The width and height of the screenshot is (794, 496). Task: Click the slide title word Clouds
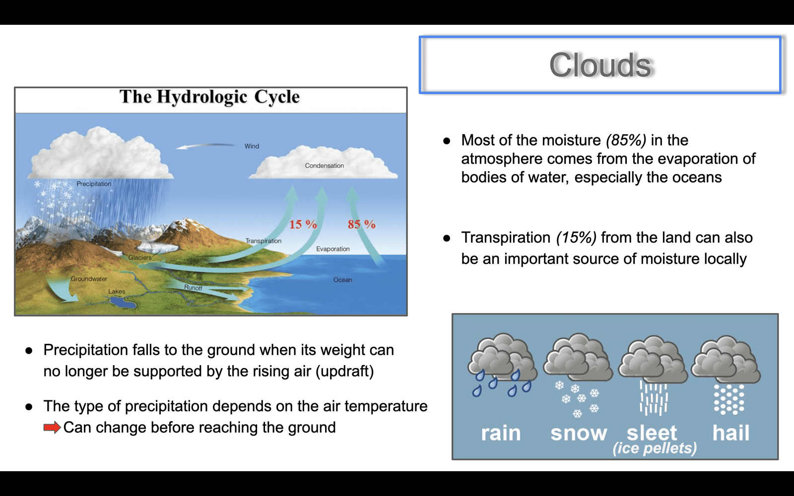[x=600, y=65]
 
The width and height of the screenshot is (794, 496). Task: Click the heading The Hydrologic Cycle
[x=209, y=97]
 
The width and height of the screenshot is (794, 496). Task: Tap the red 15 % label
[x=303, y=224]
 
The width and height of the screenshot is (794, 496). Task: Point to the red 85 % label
[x=362, y=224]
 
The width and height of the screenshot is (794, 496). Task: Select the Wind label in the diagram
[x=252, y=146]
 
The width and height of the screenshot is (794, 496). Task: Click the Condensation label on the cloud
[x=325, y=166]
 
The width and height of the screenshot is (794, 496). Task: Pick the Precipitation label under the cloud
[x=94, y=184]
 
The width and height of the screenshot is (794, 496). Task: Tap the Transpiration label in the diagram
[x=264, y=241]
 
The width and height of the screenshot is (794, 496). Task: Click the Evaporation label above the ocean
[x=333, y=249]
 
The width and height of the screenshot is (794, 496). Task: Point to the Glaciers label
[x=140, y=257]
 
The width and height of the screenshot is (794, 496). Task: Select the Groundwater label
[x=89, y=279]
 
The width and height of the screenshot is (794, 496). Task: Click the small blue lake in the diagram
[x=123, y=303]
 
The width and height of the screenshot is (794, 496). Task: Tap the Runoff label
[x=193, y=288]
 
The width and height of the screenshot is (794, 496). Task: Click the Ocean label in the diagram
[x=343, y=280]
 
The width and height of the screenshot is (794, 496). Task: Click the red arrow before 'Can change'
[x=52, y=428]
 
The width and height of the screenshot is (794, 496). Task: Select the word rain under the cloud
[x=501, y=434]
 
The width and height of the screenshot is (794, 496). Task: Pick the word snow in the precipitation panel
[x=579, y=434]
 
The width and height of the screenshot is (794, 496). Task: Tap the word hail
[x=731, y=433]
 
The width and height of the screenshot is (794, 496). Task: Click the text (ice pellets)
[x=655, y=448]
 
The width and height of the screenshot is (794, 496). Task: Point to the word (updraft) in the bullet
[x=344, y=372]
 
